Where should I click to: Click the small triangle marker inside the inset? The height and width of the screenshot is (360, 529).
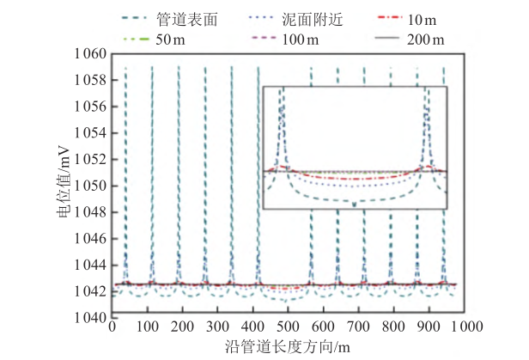[x=355, y=204]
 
